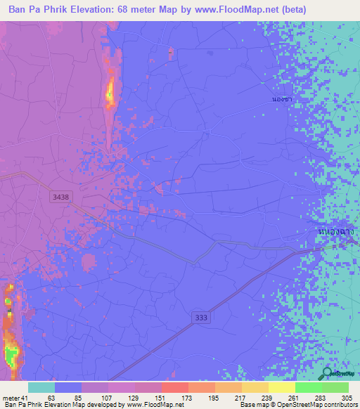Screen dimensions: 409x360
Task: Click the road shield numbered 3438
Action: coord(60,199)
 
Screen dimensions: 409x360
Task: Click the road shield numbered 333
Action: coord(202,318)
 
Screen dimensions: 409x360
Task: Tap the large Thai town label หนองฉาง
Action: coord(335,230)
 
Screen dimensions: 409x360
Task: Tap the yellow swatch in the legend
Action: coord(281,387)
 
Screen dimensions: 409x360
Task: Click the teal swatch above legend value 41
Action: coord(41,387)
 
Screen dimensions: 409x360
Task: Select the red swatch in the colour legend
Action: coord(174,387)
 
